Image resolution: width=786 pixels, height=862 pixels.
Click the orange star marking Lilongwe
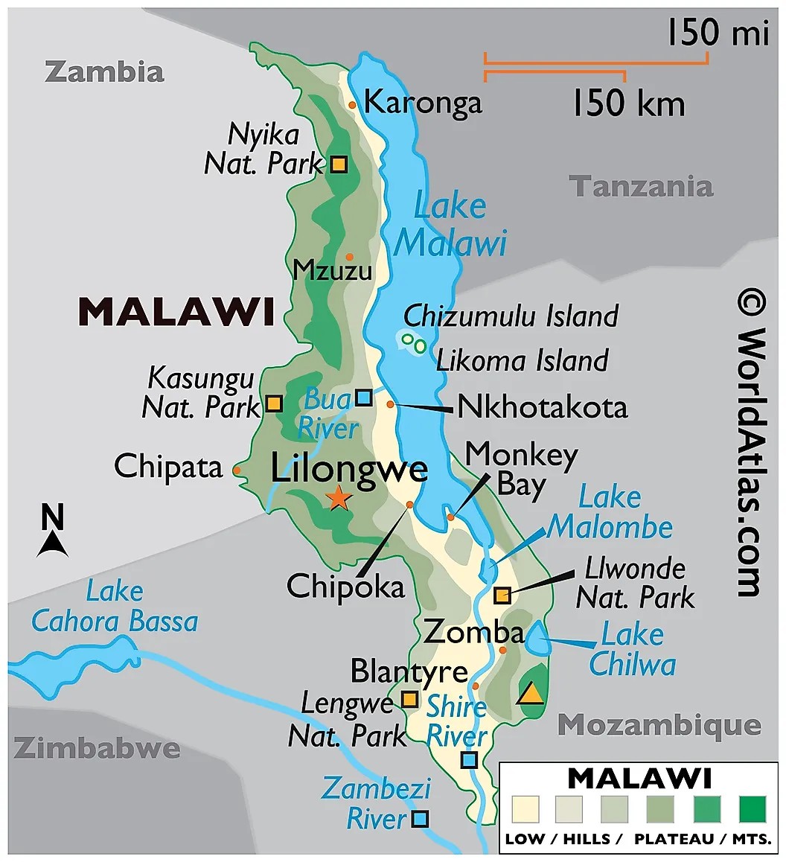339,497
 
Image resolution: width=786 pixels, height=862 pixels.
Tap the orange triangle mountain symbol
531,693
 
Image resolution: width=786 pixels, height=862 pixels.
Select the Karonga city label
423,102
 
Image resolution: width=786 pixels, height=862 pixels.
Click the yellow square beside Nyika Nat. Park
339,164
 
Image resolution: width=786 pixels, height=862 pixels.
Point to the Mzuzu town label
332,269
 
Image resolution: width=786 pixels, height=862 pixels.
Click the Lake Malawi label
450,225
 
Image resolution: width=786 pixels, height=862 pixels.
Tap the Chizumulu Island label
511,316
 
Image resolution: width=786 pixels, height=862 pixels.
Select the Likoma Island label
522,361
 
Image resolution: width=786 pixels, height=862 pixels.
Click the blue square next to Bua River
363,398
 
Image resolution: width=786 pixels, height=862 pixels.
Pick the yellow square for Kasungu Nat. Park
274,404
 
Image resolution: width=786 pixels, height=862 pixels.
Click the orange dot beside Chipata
237,470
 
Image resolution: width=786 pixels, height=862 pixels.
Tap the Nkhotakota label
542,407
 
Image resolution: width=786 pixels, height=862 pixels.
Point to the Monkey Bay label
521,469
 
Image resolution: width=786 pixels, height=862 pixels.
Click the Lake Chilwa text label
632,649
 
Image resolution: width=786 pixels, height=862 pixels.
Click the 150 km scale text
627,103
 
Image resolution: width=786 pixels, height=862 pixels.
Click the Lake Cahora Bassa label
115,607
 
